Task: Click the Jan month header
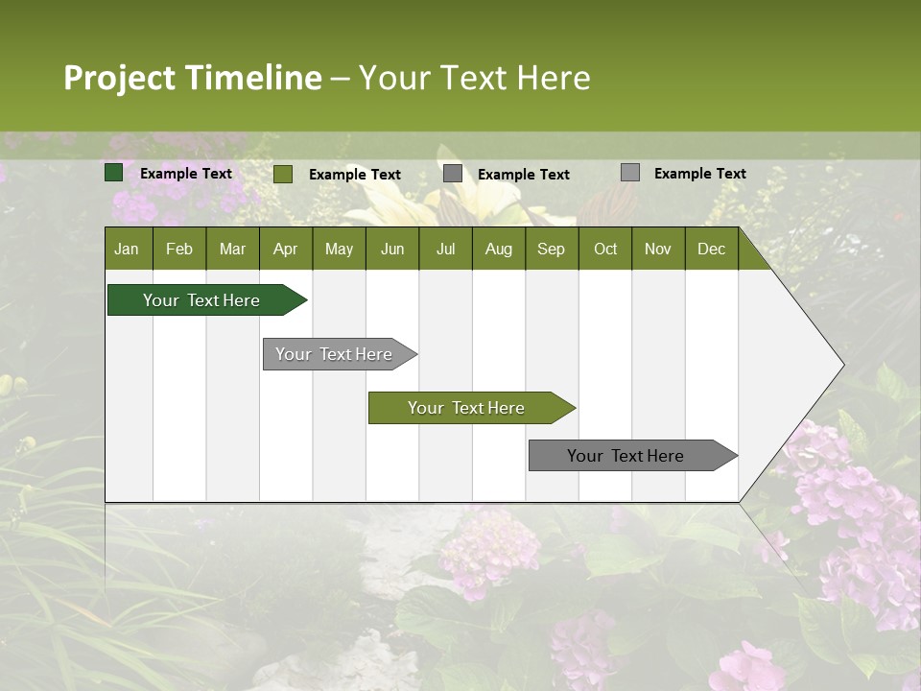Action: tap(127, 249)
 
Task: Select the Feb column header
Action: tap(179, 249)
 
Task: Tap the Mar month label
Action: tap(232, 249)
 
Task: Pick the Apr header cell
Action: tap(286, 249)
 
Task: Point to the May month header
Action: tap(339, 249)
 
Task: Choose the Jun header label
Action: tap(392, 249)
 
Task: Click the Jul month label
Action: tap(445, 249)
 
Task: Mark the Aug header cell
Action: tap(499, 249)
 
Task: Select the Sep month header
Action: tap(552, 249)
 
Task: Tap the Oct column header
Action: tap(605, 249)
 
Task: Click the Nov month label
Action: tap(658, 249)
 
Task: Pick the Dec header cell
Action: tap(712, 249)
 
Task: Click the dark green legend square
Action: tap(114, 173)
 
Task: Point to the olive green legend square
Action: tap(283, 174)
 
